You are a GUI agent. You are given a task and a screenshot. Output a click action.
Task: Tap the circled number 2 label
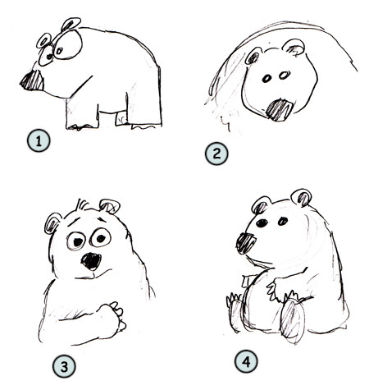tap(215, 153)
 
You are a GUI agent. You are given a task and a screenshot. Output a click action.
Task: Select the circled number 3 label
tap(62, 363)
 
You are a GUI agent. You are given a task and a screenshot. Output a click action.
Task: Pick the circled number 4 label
tap(244, 360)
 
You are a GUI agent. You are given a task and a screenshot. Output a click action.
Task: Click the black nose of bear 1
tap(34, 80)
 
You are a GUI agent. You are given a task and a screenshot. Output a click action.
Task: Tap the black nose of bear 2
tap(280, 108)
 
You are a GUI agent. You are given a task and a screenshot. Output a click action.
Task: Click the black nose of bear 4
tap(246, 241)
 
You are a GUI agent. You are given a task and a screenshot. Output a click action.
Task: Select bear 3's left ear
tap(54, 223)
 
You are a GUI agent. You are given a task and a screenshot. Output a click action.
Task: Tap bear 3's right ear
tap(109, 206)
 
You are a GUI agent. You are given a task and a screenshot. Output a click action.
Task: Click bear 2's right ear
tap(294, 47)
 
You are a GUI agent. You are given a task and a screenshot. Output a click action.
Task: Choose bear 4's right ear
tap(301, 197)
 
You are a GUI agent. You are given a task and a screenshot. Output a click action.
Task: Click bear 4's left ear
tap(261, 204)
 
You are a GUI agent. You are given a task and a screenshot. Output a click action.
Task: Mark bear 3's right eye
tap(101, 238)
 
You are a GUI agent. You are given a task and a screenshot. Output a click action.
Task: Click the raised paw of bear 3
tap(110, 317)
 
